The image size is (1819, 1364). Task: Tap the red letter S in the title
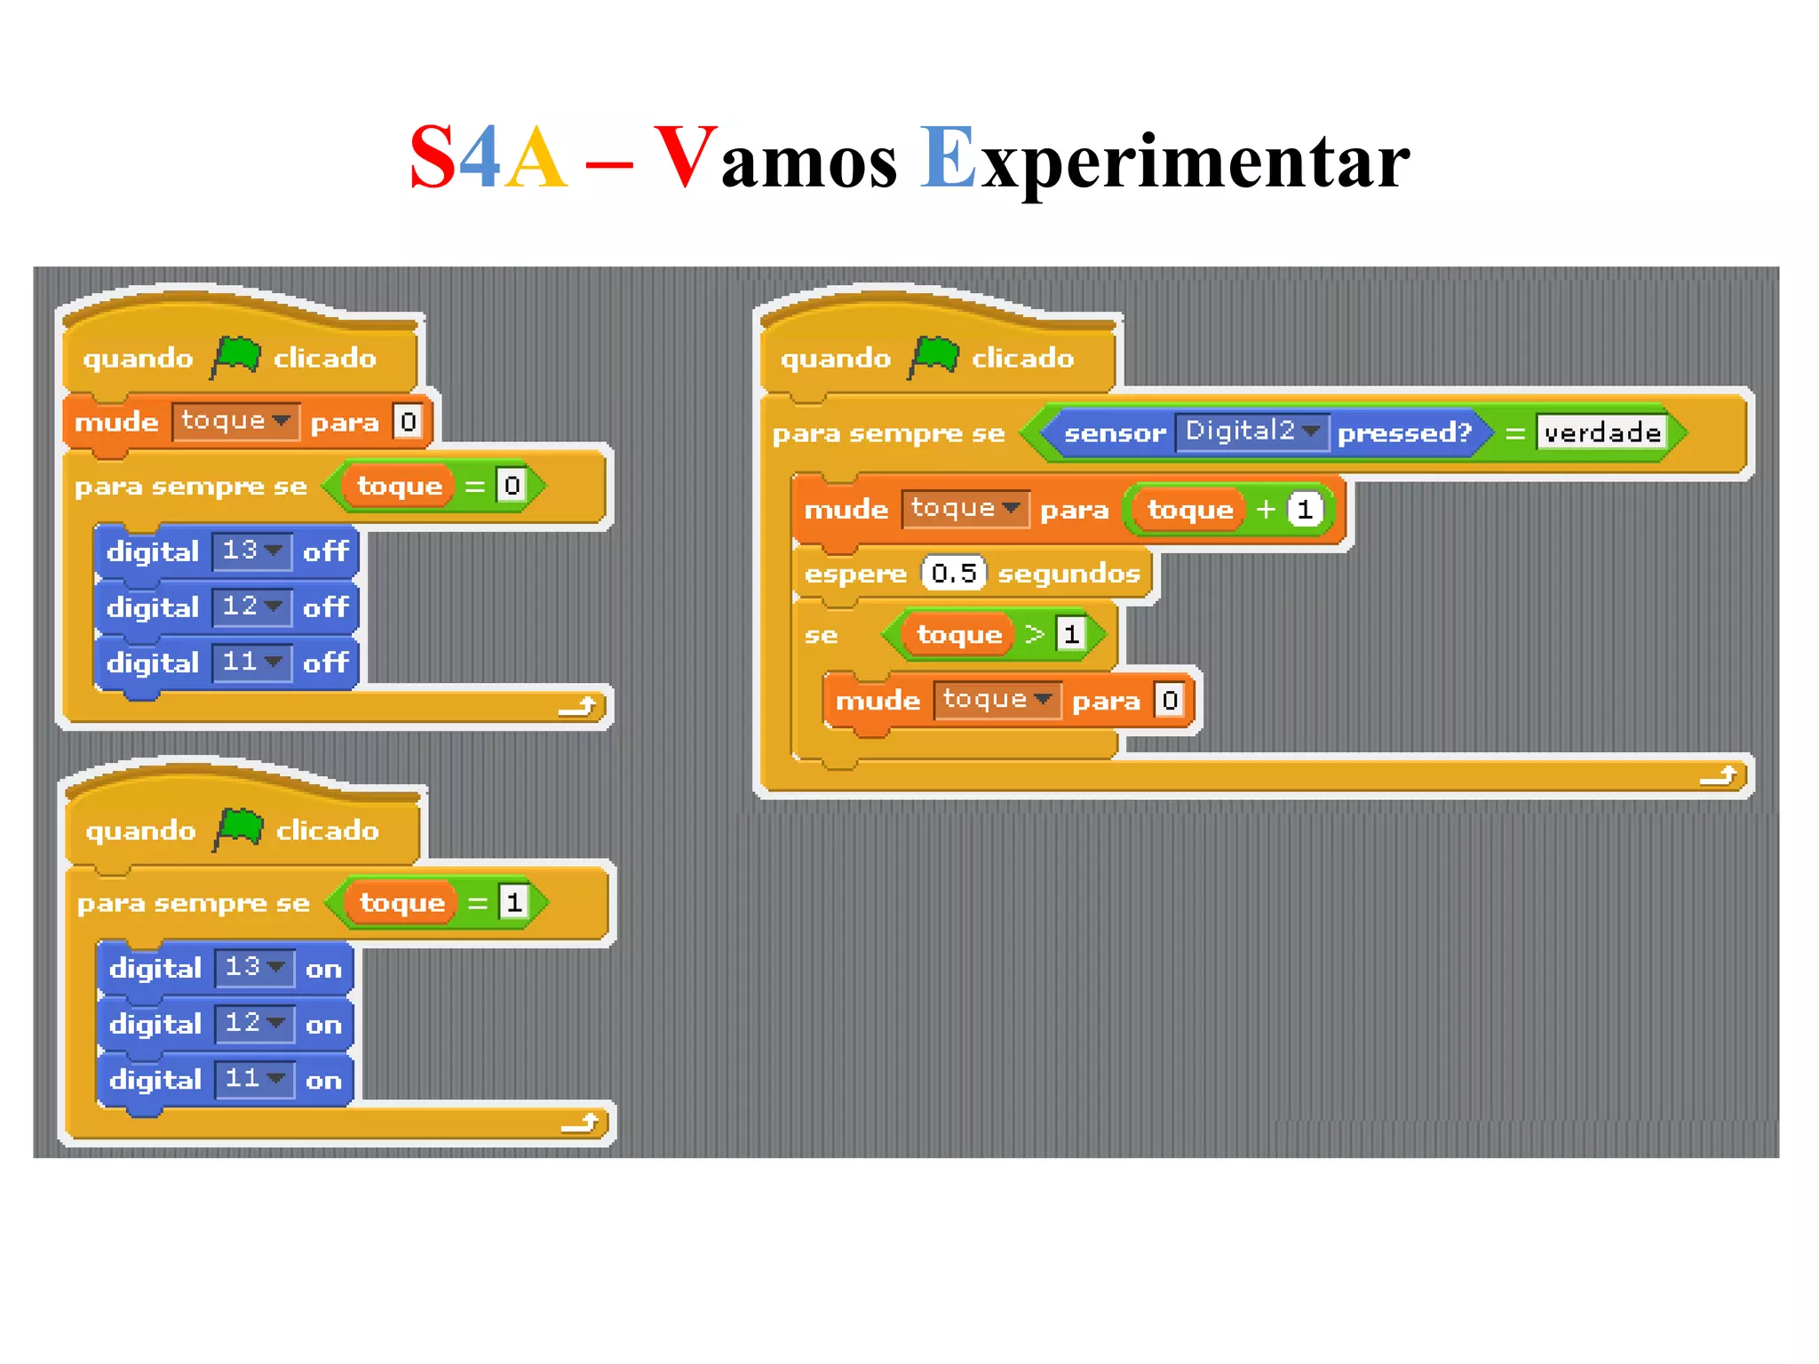433,158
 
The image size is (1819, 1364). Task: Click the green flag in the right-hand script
933,357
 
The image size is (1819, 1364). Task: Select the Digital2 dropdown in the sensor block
1251,432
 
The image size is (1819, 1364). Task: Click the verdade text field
1601,432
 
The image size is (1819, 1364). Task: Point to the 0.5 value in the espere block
954,573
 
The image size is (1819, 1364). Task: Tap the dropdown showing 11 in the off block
252,662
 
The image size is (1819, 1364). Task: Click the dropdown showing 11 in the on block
255,1079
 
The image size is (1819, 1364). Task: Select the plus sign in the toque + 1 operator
1266,509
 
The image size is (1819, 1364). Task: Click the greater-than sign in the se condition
1035,634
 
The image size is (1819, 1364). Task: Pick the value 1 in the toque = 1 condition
513,902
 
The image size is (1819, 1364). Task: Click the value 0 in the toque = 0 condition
512,485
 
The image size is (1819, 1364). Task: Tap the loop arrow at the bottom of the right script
1719,776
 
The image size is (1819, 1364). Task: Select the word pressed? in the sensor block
1404,432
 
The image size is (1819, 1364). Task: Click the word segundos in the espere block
1068,574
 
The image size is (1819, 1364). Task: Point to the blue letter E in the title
948,158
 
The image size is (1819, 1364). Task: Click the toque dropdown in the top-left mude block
235,420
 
